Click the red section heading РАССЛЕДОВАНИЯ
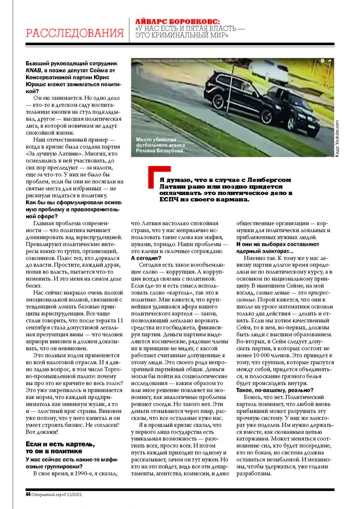pyautogui.click(x=75, y=33)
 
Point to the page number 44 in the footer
pyautogui.click(x=28, y=494)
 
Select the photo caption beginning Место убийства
pyautogui.click(x=160, y=145)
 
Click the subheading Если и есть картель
pyautogui.click(x=60, y=448)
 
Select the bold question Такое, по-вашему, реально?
pyautogui.click(x=274, y=390)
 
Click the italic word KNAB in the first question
pyautogui.click(x=33, y=70)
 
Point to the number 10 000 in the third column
pyautogui.click(x=263, y=355)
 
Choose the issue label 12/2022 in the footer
pyautogui.click(x=74, y=495)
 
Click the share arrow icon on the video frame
pyautogui.click(x=329, y=61)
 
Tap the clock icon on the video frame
pyautogui.click(x=322, y=61)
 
